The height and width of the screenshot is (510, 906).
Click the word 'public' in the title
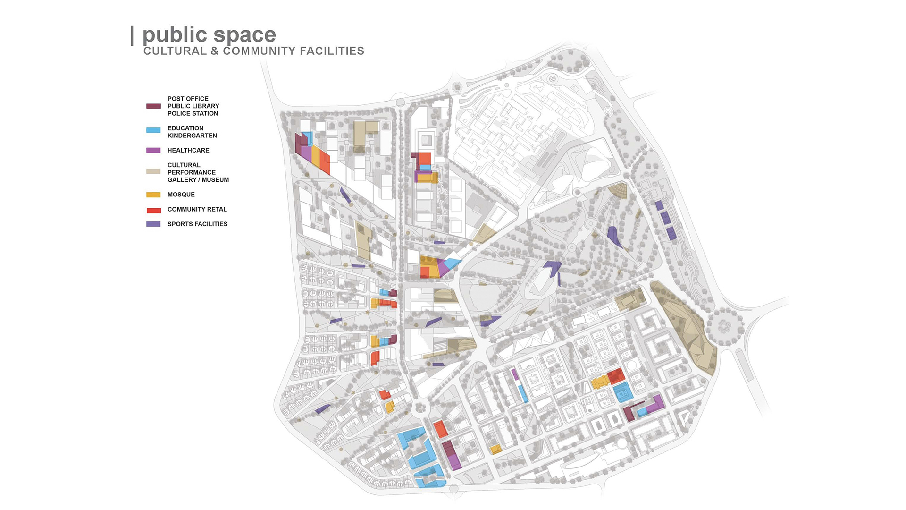click(175, 35)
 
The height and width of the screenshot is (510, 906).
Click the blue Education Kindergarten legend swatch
click(153, 130)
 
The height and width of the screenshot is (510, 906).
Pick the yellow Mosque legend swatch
click(153, 195)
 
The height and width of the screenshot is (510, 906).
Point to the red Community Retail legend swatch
click(153, 210)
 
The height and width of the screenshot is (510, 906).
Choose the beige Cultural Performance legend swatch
click(153, 171)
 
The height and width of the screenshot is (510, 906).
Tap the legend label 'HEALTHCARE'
click(188, 150)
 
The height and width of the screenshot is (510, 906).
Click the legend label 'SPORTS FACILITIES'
click(197, 224)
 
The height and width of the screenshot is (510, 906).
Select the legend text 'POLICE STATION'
click(193, 113)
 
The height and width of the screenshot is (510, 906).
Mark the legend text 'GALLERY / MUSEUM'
click(198, 180)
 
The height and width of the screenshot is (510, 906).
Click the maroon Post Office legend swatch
click(153, 106)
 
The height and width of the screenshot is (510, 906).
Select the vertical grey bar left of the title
click(132, 36)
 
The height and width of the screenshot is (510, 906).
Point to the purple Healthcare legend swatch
click(153, 151)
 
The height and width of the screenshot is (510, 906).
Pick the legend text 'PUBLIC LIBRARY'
click(193, 106)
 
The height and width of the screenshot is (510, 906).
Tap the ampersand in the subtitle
click(215, 51)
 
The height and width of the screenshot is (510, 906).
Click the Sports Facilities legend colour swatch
click(153, 224)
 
